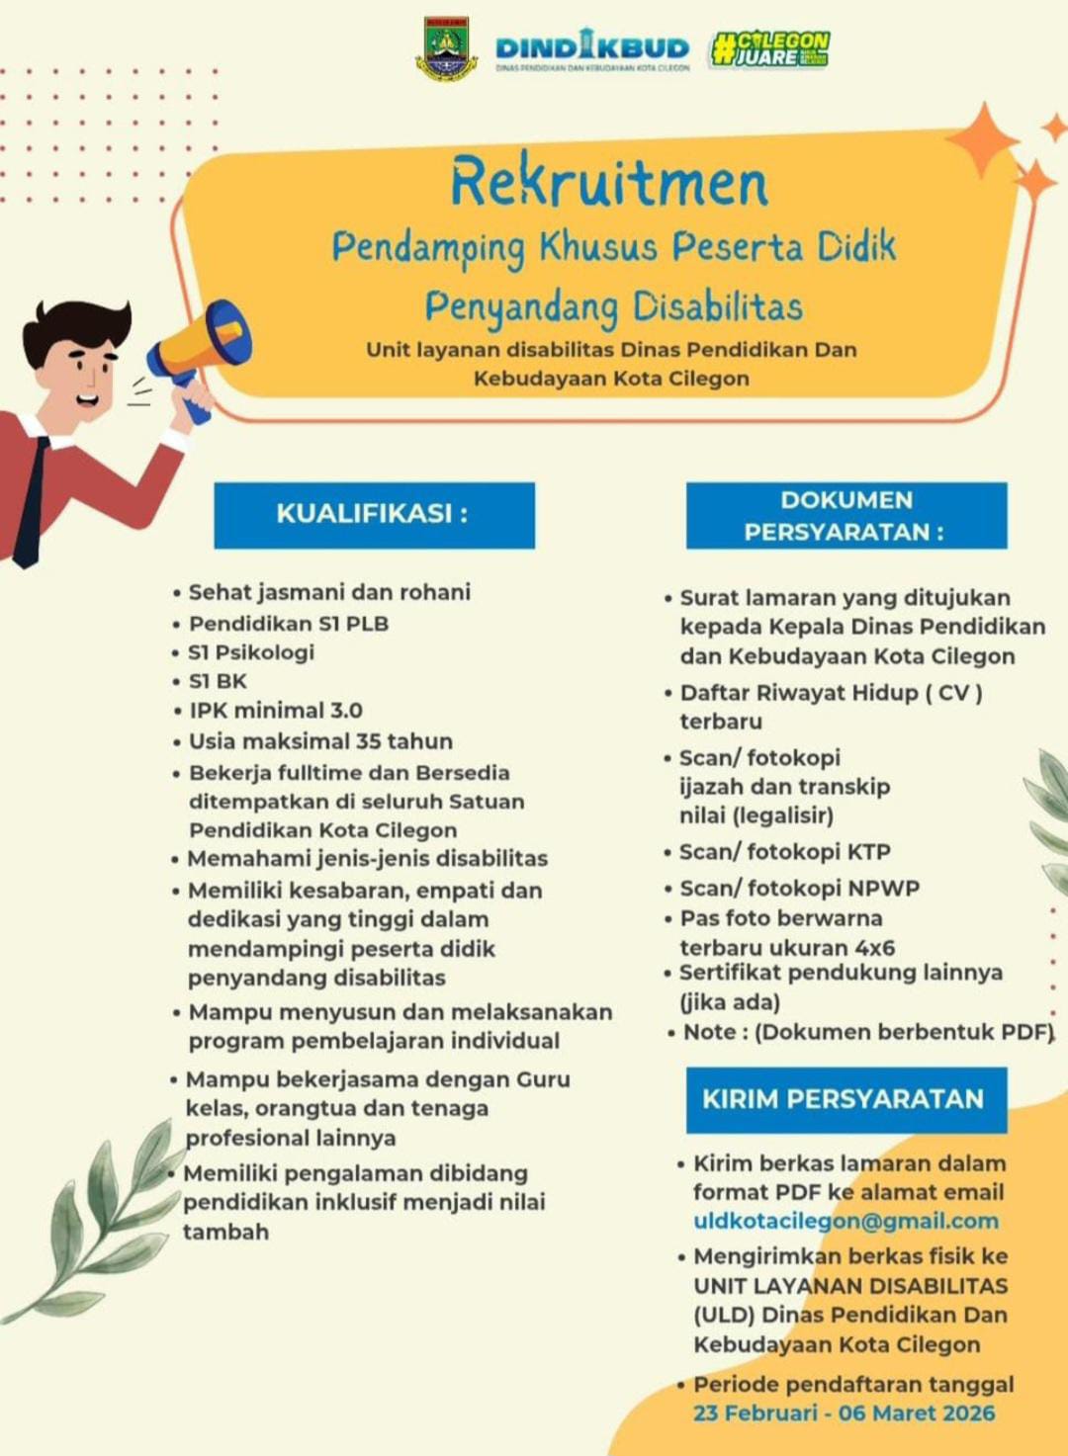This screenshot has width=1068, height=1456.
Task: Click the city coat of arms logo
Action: coord(446,48)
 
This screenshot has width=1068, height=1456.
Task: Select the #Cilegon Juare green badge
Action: coord(769,48)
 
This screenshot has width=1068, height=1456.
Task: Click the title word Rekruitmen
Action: coord(609,182)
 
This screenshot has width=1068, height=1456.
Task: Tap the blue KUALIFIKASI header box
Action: coord(374,515)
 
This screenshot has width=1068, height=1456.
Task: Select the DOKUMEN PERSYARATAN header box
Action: coord(845,515)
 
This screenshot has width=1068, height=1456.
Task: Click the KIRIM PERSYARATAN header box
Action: coord(845,1099)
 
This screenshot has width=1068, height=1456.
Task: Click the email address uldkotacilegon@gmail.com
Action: coord(845,1221)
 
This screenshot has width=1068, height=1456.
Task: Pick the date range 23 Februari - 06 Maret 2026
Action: coord(844,1413)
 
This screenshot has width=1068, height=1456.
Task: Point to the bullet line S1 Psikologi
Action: coord(250,652)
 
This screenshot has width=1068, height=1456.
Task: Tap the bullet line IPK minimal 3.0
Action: coord(276,711)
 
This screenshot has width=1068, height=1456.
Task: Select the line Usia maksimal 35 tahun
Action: coord(320,741)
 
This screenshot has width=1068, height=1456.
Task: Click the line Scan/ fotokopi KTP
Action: coord(784,852)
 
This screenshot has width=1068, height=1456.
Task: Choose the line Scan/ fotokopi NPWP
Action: coord(799,888)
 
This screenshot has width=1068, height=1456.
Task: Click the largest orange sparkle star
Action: coord(982,140)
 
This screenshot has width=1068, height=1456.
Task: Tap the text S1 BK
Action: coord(218,681)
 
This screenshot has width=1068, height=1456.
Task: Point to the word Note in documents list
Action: coord(710,1032)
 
